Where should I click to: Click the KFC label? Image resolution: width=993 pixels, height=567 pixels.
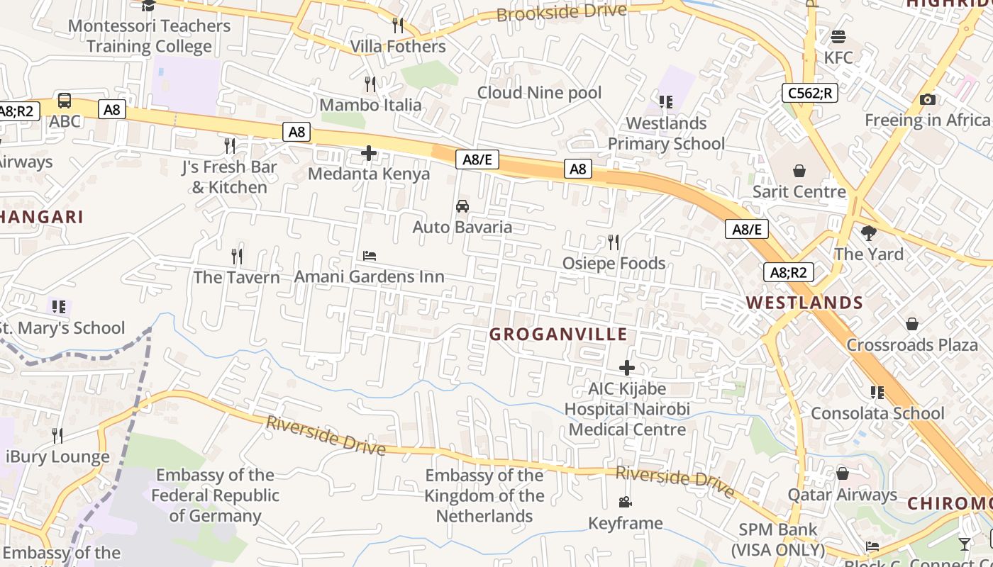click(838, 57)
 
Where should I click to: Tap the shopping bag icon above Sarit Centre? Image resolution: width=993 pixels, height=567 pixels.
click(799, 171)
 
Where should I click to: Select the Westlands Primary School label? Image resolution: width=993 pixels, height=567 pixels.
click(666, 133)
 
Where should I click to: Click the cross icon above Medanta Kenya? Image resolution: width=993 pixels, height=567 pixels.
click(369, 152)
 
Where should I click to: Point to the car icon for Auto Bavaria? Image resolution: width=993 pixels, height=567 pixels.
click(462, 206)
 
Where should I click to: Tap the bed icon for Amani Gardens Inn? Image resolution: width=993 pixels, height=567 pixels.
click(370, 255)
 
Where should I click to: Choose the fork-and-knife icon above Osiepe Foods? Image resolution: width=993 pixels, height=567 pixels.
click(614, 242)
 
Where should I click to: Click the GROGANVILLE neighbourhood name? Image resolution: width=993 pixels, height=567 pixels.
click(559, 335)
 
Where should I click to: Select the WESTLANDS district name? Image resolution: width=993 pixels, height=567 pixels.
click(804, 303)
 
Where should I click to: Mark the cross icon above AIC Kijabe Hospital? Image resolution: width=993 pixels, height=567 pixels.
click(627, 368)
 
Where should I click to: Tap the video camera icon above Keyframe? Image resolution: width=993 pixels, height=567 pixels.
click(625, 503)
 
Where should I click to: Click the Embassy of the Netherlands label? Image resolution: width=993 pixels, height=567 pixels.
click(484, 495)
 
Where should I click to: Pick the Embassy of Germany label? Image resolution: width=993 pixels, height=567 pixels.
click(216, 495)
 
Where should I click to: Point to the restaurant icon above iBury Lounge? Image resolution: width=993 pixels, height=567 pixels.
click(57, 435)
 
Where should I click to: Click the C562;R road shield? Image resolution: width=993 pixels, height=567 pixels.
click(810, 93)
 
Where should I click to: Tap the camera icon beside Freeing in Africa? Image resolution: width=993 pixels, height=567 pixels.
click(927, 100)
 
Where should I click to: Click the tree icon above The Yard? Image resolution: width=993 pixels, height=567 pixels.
click(868, 232)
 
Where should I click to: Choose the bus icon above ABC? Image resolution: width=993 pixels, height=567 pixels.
click(65, 100)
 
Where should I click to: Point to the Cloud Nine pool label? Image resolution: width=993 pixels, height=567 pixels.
click(539, 93)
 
